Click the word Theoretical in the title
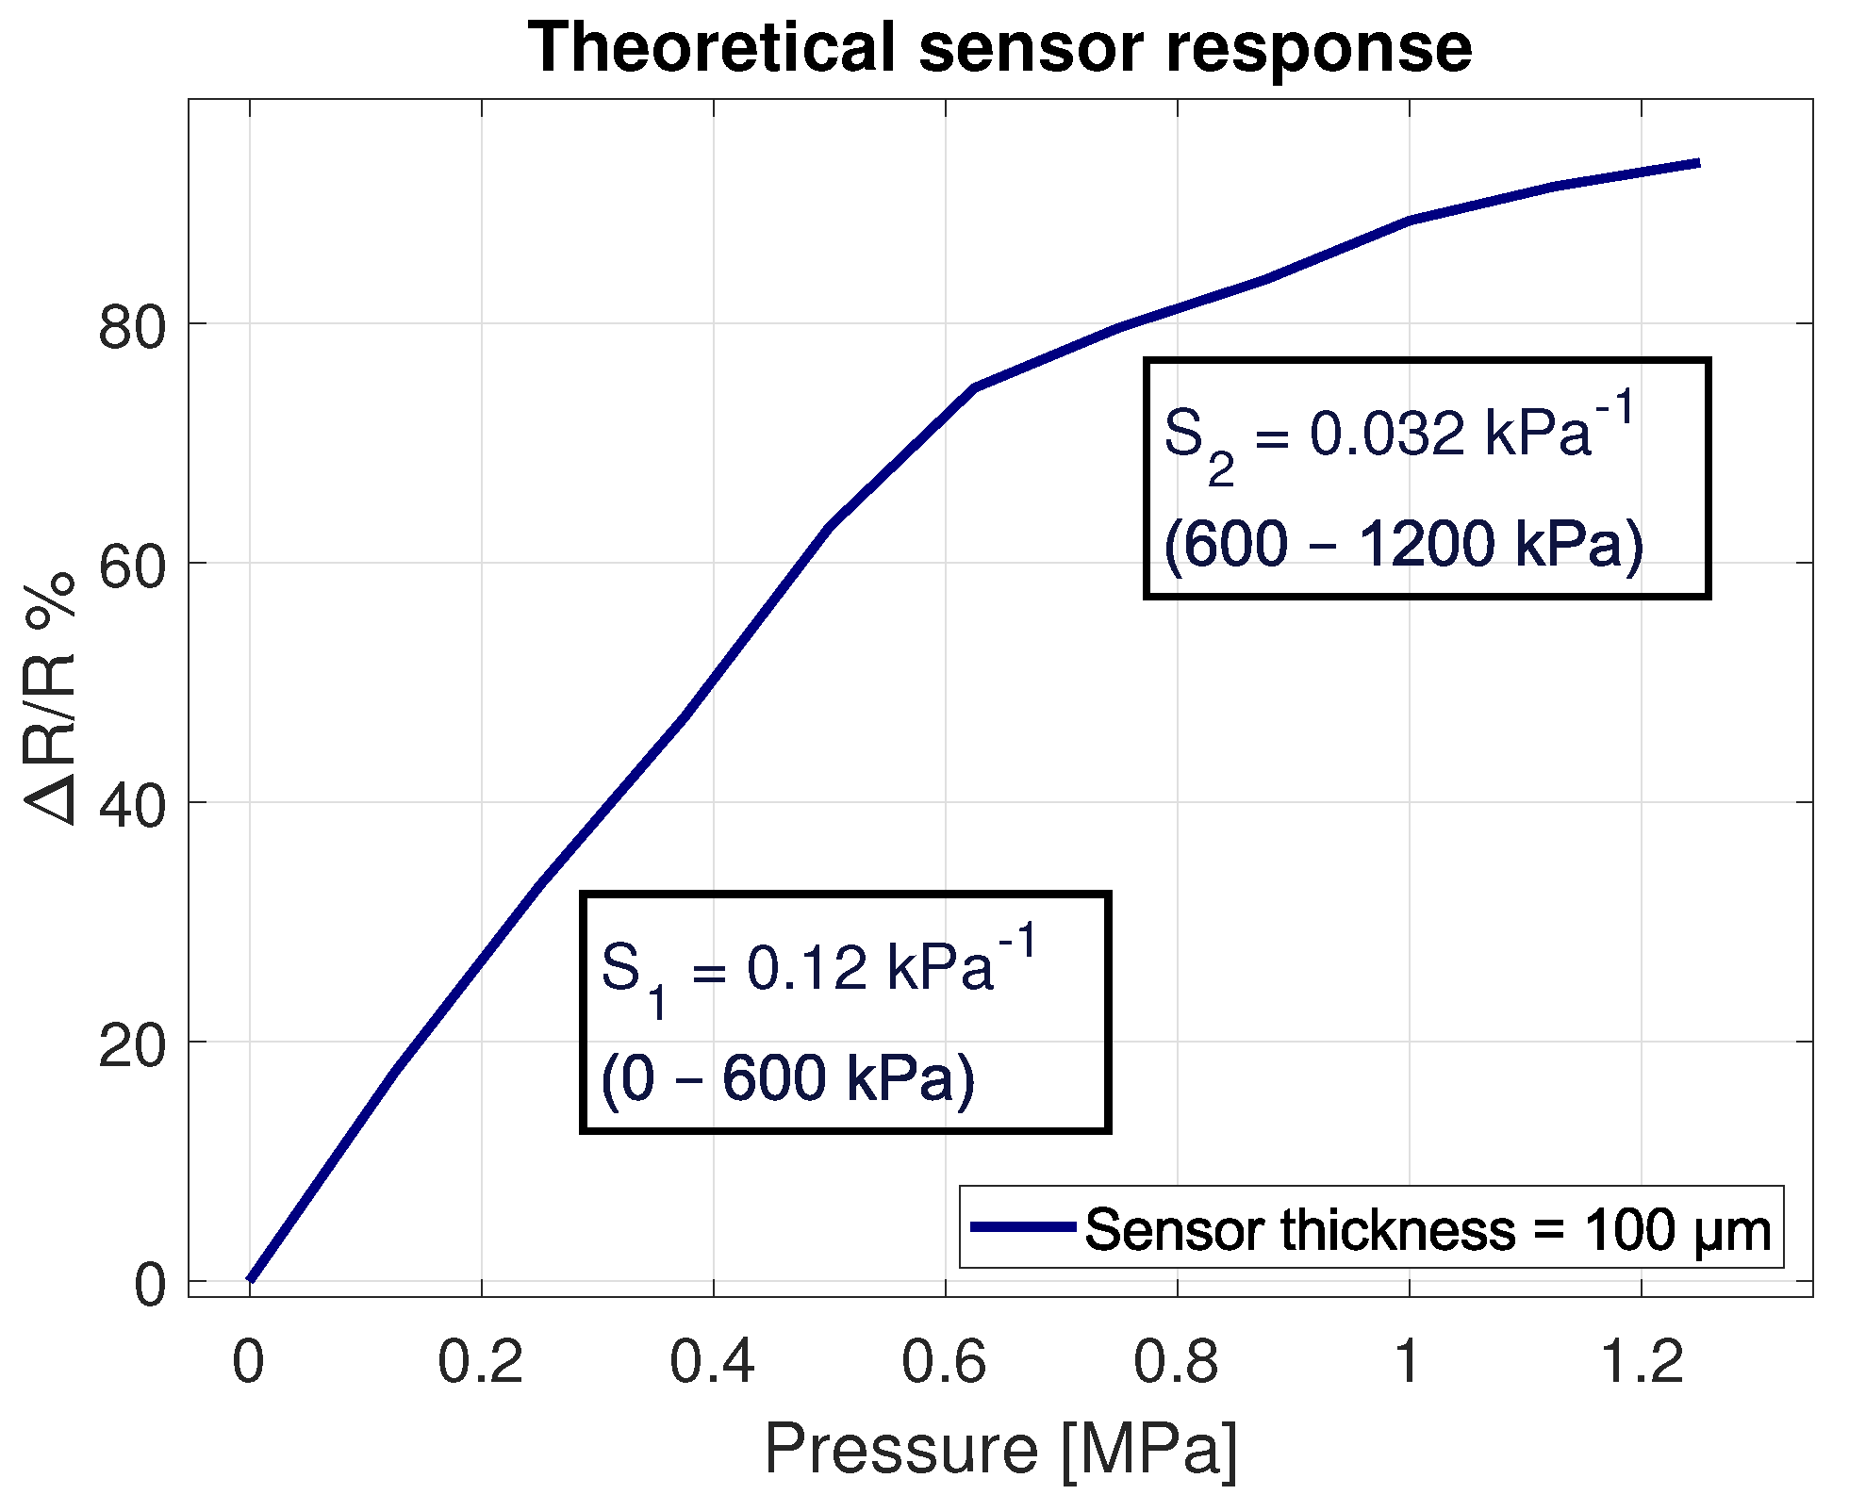pyautogui.click(x=711, y=47)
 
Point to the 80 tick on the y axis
pyautogui.click(x=132, y=327)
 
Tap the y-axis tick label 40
pyautogui.click(x=132, y=806)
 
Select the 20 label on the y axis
pyautogui.click(x=132, y=1045)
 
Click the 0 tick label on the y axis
pyautogui.click(x=150, y=1285)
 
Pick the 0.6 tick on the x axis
pyautogui.click(x=944, y=1362)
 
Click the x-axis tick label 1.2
pyautogui.click(x=1642, y=1362)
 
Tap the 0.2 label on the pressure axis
pyautogui.click(x=480, y=1362)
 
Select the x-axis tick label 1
pyautogui.click(x=1408, y=1362)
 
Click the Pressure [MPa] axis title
pyautogui.click(x=1000, y=1450)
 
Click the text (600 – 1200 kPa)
pyautogui.click(x=1403, y=545)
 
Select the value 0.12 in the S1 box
pyautogui.click(x=806, y=969)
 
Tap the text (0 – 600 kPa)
pyautogui.click(x=787, y=1077)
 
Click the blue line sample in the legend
pyautogui.click(x=1023, y=1226)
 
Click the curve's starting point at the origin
pyautogui.click(x=251, y=1279)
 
